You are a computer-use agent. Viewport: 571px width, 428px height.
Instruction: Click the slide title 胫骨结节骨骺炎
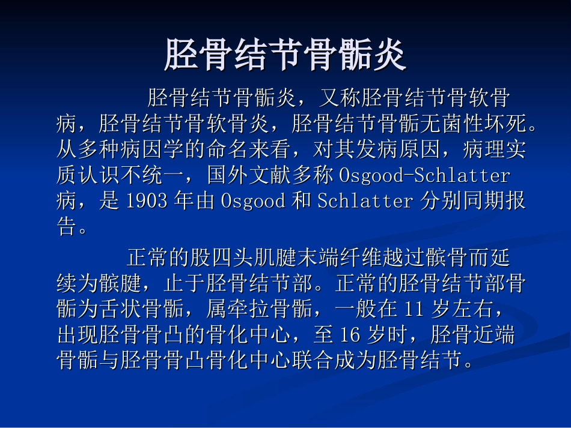point(285,55)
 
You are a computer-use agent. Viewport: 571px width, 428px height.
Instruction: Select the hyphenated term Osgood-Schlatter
point(424,175)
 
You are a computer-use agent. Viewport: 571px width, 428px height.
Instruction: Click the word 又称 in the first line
point(339,97)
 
